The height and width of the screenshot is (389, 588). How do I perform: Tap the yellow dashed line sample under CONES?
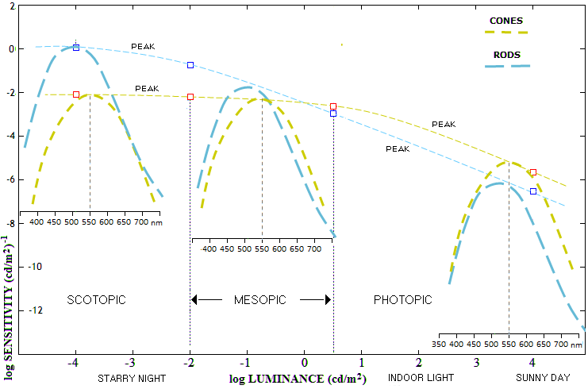coord(505,32)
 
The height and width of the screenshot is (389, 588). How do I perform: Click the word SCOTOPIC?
coord(97,299)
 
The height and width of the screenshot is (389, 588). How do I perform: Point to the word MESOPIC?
coord(260,299)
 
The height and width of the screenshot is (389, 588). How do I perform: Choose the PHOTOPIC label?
coord(403,299)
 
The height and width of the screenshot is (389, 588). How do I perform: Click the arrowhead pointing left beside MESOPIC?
coord(194,299)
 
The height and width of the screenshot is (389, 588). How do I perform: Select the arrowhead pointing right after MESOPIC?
coord(325,299)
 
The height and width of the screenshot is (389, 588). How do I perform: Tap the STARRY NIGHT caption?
coord(132,379)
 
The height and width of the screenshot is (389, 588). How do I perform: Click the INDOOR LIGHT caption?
coord(421,378)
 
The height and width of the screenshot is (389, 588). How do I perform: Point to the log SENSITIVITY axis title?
coord(9,277)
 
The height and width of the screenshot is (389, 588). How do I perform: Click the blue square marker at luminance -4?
coord(76,48)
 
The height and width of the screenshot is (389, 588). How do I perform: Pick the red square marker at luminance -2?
coord(190,97)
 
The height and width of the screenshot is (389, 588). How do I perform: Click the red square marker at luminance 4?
coord(533,172)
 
